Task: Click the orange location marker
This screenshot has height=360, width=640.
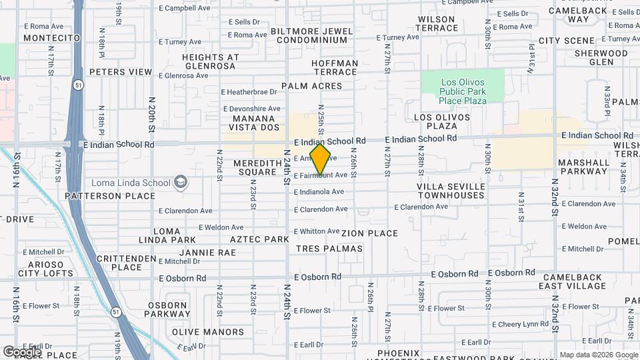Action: (321, 159)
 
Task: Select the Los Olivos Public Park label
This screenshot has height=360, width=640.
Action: (463, 91)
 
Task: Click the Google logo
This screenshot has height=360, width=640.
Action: (22, 351)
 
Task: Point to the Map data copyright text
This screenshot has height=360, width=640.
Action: (598, 355)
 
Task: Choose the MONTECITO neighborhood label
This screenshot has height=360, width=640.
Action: (51, 38)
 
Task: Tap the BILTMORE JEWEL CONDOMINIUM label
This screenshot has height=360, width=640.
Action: (311, 35)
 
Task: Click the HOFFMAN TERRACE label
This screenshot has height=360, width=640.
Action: (335, 67)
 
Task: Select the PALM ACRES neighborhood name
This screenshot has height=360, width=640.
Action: (311, 86)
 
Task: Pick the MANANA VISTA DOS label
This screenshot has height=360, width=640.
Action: (254, 122)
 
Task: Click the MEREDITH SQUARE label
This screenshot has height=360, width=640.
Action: (255, 167)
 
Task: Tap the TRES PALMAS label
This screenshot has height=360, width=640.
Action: (329, 248)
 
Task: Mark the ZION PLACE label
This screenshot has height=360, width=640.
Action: (369, 233)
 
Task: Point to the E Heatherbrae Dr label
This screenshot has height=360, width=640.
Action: (249, 92)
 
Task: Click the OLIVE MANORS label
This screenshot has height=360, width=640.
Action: (208, 331)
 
